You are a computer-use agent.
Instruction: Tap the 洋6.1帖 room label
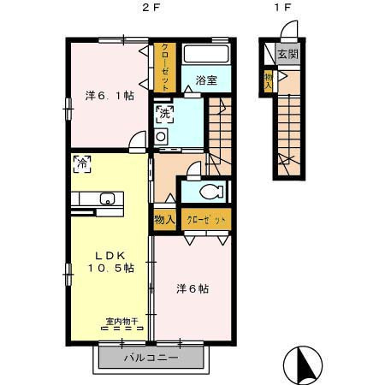click(110, 95)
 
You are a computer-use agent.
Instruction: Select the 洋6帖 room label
click(192, 289)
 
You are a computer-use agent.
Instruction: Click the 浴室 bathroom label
click(205, 81)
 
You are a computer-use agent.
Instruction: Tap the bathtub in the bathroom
click(206, 57)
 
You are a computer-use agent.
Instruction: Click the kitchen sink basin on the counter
click(107, 200)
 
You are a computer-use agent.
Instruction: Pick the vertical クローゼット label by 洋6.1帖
click(165, 67)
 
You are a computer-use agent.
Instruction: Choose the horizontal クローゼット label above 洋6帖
click(205, 220)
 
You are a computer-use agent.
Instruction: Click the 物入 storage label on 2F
click(164, 220)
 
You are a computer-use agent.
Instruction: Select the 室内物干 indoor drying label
click(122, 323)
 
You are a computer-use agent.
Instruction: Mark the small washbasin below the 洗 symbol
click(162, 136)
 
